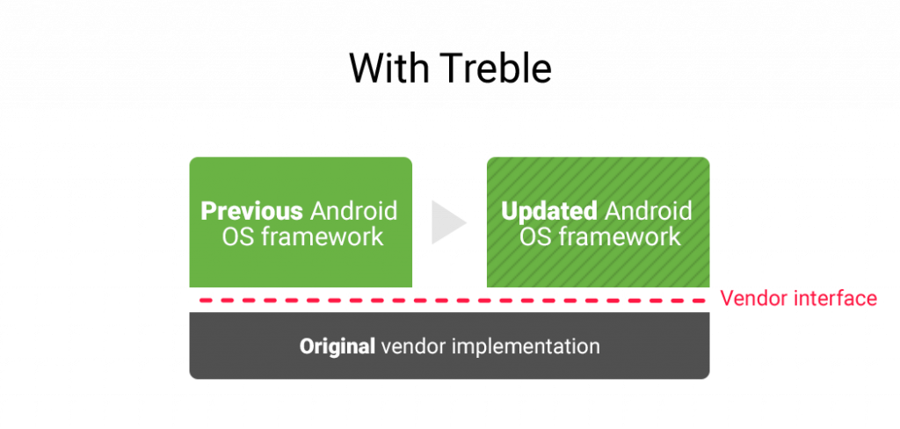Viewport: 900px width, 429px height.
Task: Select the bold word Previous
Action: click(x=252, y=211)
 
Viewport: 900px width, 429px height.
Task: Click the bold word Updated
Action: click(x=548, y=211)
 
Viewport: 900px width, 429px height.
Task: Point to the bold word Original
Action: click(x=337, y=346)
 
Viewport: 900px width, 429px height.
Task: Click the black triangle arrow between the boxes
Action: click(x=447, y=222)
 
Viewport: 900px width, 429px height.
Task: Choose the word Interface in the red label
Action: click(x=835, y=298)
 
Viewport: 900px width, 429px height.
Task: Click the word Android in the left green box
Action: click(x=353, y=211)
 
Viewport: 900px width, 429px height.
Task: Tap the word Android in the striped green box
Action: click(x=649, y=211)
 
